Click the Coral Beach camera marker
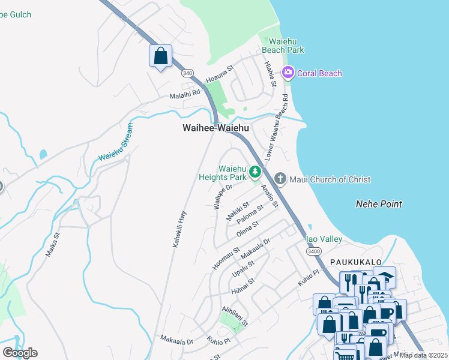(x=288, y=73)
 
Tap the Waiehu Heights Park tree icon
(x=255, y=173)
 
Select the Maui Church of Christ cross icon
(x=280, y=179)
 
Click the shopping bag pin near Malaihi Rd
(x=160, y=56)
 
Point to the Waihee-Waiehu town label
(x=215, y=128)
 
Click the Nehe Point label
(x=378, y=204)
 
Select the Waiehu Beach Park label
(x=283, y=45)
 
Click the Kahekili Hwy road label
(x=179, y=229)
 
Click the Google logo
(x=20, y=352)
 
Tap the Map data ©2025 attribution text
(x=424, y=355)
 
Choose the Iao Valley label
(x=324, y=239)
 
